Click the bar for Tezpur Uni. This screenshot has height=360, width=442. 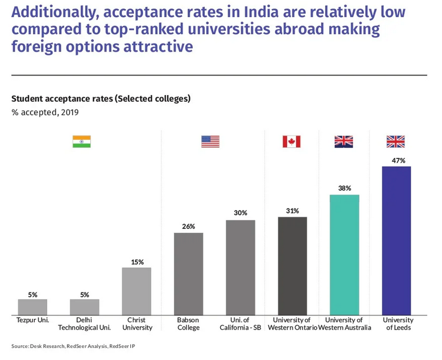pyautogui.click(x=33, y=307)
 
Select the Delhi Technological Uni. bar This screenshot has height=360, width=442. pyautogui.click(x=85, y=307)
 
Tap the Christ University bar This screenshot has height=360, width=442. pyautogui.click(x=137, y=291)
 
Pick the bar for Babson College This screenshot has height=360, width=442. pyautogui.click(x=188, y=274)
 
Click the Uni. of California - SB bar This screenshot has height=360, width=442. pyautogui.click(x=240, y=267)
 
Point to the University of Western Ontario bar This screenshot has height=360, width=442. pyautogui.click(x=292, y=266)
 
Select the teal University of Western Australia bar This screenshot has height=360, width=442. pyautogui.click(x=344, y=255)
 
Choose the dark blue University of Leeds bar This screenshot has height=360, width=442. pyautogui.click(x=396, y=240)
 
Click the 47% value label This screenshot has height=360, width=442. pyautogui.click(x=396, y=160)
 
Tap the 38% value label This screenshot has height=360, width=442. pyautogui.click(x=344, y=188)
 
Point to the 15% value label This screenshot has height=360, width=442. pyautogui.click(x=137, y=262)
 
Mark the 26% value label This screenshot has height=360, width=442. pyautogui.click(x=188, y=226)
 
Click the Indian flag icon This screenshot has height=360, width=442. pyautogui.click(x=82, y=141)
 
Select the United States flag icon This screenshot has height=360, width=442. pyautogui.click(x=210, y=141)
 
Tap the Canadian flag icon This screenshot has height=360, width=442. pyautogui.click(x=292, y=141)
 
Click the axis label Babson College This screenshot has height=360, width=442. pyautogui.click(x=188, y=323)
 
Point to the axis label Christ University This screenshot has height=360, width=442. pyautogui.click(x=137, y=323)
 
